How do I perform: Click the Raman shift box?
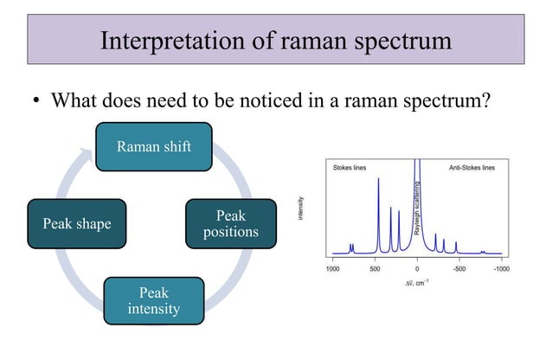point(155,146)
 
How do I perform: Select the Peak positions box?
point(230,223)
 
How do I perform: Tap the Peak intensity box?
point(154,299)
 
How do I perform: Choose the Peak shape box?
point(76,223)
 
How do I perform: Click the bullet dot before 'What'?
point(35,101)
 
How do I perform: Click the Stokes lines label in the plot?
point(350,167)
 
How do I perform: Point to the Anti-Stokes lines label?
point(472,167)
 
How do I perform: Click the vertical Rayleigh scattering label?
point(417,209)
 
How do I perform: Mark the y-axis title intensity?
point(301,209)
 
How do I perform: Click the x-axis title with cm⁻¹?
point(416,283)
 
